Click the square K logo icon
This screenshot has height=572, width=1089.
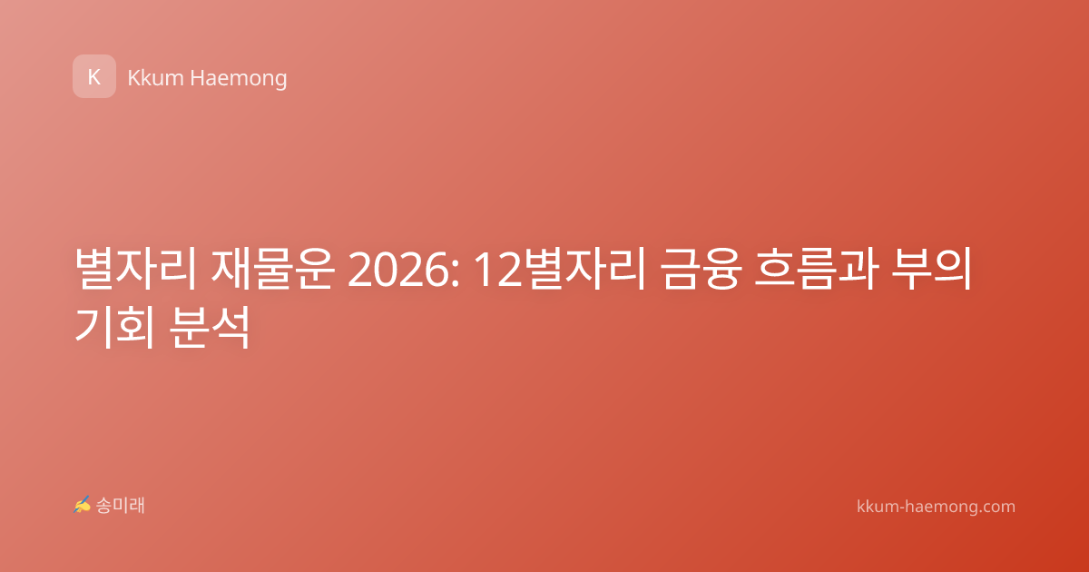(x=94, y=76)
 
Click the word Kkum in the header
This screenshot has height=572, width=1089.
(x=155, y=78)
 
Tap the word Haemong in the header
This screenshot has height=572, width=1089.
(x=239, y=79)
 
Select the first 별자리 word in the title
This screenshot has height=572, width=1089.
(x=136, y=269)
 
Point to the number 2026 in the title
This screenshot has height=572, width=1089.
(x=398, y=271)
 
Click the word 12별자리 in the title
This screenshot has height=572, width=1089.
(x=560, y=269)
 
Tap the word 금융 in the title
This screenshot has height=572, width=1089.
(x=701, y=269)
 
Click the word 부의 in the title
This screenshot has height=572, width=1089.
(x=931, y=269)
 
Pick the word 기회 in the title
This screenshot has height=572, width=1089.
(x=115, y=327)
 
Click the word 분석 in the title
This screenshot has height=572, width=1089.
(x=210, y=327)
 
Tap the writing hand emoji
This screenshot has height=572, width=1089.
(x=82, y=505)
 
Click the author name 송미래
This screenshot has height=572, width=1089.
(x=120, y=506)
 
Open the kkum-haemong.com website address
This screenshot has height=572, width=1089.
(x=936, y=507)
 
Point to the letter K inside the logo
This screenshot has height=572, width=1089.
(x=94, y=77)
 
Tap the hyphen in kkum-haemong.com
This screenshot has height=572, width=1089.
(x=901, y=508)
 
